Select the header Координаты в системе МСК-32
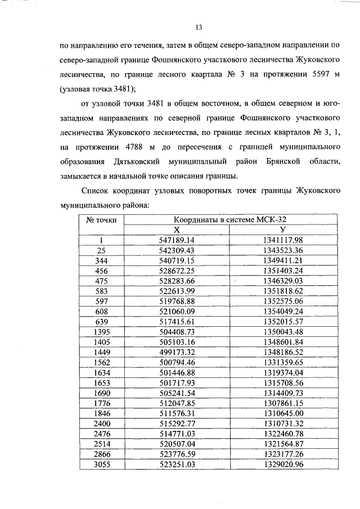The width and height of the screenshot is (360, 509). click(x=226, y=220)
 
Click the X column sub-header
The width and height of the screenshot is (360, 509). click(x=176, y=230)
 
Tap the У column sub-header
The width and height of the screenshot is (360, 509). click(x=282, y=230)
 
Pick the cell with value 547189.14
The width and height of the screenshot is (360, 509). click(x=176, y=240)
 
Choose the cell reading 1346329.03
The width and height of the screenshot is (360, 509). click(x=282, y=280)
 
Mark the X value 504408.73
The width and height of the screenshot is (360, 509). click(x=176, y=331)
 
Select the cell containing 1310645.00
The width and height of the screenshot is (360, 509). click(x=282, y=412)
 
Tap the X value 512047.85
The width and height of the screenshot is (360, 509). click(x=176, y=402)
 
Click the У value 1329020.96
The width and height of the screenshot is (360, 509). click(x=282, y=462)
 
